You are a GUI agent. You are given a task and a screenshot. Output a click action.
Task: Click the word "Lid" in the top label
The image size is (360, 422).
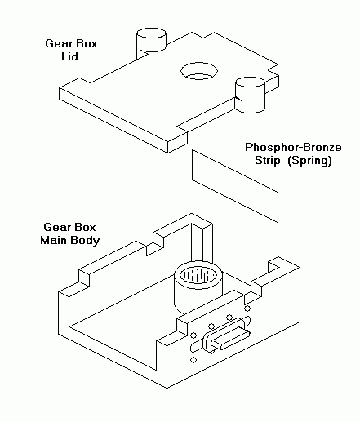(x=69, y=56)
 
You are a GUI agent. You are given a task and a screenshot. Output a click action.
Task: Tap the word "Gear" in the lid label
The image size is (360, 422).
(x=58, y=43)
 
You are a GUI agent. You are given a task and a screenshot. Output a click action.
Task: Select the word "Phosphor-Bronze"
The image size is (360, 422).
(x=293, y=147)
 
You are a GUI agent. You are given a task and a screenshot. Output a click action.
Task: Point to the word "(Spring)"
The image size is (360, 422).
(x=310, y=161)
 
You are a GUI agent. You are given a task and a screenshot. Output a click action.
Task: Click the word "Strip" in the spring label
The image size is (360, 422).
(x=268, y=160)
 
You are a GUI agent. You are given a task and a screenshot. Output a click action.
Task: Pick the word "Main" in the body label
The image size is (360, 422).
(x=54, y=240)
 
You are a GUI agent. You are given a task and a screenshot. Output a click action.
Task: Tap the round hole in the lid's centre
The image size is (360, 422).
(x=199, y=71)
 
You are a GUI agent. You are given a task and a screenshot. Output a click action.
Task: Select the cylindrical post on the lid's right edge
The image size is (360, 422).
(x=250, y=95)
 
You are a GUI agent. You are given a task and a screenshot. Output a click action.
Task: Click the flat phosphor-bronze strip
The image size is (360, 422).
(x=235, y=186)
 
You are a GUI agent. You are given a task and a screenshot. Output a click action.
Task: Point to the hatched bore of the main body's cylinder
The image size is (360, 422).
(x=198, y=274)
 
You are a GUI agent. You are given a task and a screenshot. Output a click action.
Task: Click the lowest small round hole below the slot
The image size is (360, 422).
(x=193, y=360)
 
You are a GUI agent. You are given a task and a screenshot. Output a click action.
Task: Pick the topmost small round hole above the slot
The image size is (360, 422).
(x=247, y=309)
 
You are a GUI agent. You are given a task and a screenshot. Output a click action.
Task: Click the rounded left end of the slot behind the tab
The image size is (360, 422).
(x=193, y=347)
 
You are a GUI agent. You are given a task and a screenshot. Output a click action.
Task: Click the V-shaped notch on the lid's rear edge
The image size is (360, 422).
(x=202, y=35)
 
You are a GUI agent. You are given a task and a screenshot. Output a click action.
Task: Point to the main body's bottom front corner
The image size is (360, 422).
(x=167, y=388)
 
